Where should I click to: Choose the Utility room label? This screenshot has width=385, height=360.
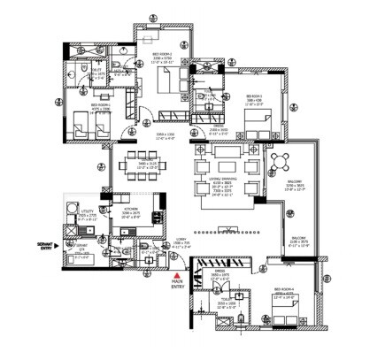click(87, 212)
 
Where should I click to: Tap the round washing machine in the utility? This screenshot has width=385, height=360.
click(69, 211)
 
